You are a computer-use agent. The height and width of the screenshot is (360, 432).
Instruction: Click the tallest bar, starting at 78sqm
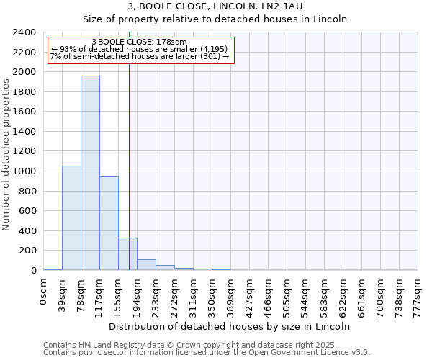[x=90, y=173]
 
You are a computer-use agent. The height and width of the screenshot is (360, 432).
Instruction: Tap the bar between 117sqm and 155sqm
[x=109, y=223]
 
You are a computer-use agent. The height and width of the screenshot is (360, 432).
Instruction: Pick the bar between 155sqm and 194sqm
[x=127, y=253]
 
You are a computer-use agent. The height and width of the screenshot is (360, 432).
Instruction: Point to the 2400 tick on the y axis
[x=24, y=32]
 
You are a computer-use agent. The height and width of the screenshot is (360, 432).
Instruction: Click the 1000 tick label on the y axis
[x=24, y=171]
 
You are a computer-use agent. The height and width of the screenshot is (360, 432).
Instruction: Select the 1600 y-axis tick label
[x=24, y=112]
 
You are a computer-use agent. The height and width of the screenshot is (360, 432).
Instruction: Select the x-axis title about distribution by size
[x=230, y=326]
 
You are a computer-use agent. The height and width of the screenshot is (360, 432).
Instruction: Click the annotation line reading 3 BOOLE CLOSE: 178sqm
[x=140, y=42]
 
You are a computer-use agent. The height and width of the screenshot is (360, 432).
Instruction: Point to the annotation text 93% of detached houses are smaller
[x=140, y=49]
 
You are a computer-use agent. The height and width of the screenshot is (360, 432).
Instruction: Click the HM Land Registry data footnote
[x=206, y=345]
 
